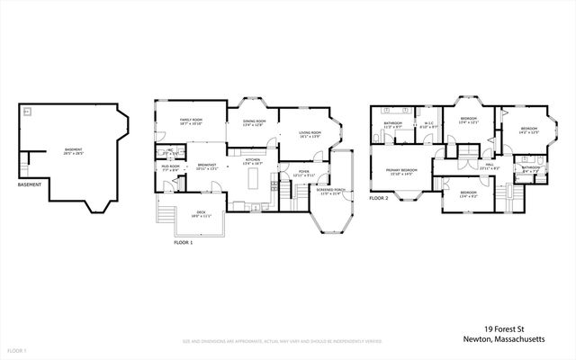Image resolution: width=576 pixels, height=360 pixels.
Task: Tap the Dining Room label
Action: pyautogui.click(x=255, y=122)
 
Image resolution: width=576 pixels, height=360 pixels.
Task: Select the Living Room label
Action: pyautogui.click(x=310, y=135)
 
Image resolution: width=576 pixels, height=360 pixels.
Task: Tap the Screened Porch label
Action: pyautogui.click(x=331, y=192)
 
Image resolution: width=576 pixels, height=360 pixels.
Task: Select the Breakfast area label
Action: pyautogui.click(x=207, y=166)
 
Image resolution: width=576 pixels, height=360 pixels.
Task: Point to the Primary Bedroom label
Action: pyautogui.click(x=401, y=171)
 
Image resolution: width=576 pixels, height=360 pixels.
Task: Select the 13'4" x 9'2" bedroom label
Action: pyautogui.click(x=468, y=193)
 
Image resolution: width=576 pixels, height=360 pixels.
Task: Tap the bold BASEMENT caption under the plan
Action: pyautogui.click(x=31, y=186)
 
